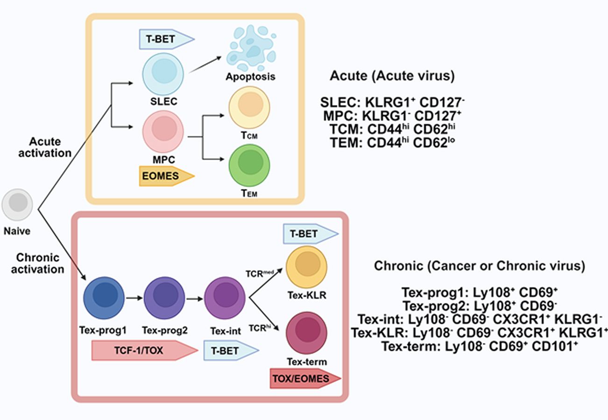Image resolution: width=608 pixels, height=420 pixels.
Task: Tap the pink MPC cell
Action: [162, 131]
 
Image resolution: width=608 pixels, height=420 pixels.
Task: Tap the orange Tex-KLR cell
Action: [306, 267]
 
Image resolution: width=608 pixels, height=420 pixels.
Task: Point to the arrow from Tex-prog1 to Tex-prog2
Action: [134, 296]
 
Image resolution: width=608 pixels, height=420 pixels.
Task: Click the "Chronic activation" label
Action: [40, 263]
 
